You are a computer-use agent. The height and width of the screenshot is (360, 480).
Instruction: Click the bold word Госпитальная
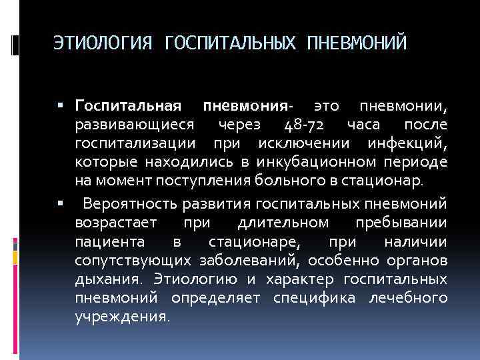click(129, 107)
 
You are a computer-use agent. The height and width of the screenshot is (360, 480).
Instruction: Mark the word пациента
click(107, 241)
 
